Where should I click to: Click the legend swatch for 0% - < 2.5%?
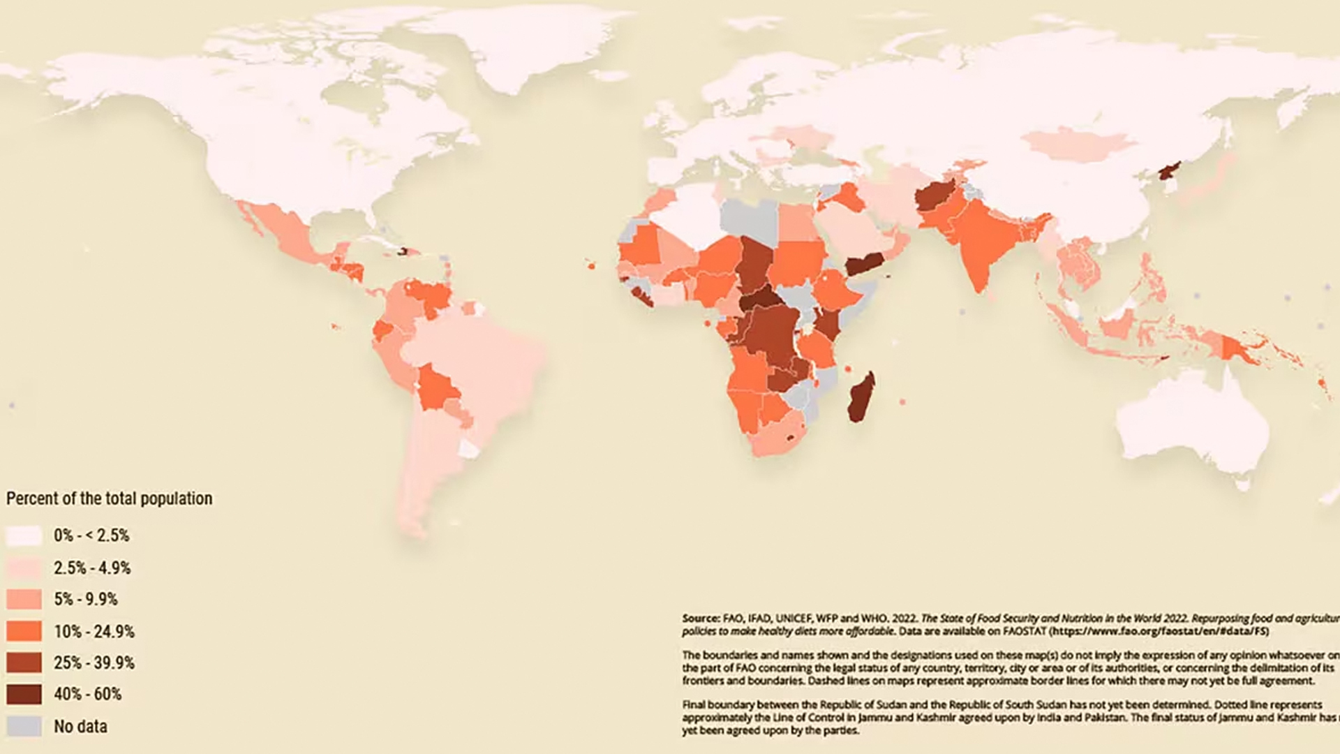coord(24,535)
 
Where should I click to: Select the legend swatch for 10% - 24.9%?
coord(24,631)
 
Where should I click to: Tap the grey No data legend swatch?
coord(24,726)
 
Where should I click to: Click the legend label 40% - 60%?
coord(87,694)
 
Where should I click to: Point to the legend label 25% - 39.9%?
coord(94,663)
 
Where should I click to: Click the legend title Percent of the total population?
coord(109,498)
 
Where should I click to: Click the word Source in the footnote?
coord(700,619)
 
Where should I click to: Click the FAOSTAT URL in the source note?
coord(1159,631)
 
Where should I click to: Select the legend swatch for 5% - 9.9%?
coord(24,599)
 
